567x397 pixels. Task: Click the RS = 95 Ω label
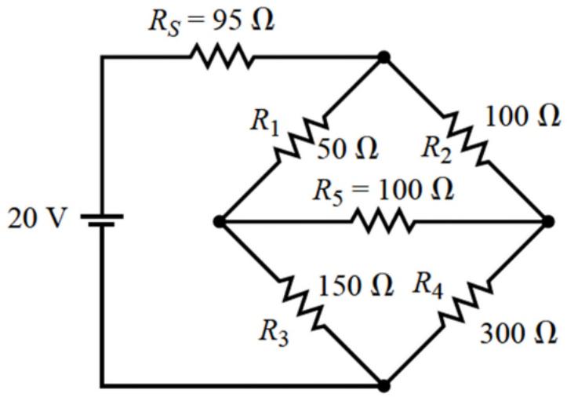[x=212, y=21]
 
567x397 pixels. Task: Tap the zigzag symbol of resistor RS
[x=222, y=56]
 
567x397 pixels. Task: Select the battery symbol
[x=102, y=220]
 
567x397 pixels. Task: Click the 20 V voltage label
[x=37, y=219]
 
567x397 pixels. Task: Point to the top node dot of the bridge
[x=383, y=57]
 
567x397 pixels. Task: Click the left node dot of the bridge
[x=220, y=221]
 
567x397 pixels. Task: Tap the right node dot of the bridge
[x=548, y=221]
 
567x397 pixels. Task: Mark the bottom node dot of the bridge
[x=383, y=386]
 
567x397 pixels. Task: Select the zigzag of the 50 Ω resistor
[x=302, y=139]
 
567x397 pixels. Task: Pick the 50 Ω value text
[x=347, y=149]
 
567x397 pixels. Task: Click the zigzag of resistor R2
[x=465, y=140]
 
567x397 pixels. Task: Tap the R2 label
[x=437, y=149]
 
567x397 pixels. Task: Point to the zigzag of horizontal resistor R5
[x=383, y=220]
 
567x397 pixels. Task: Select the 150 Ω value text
[x=355, y=286]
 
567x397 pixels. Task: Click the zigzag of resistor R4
[x=466, y=303]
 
